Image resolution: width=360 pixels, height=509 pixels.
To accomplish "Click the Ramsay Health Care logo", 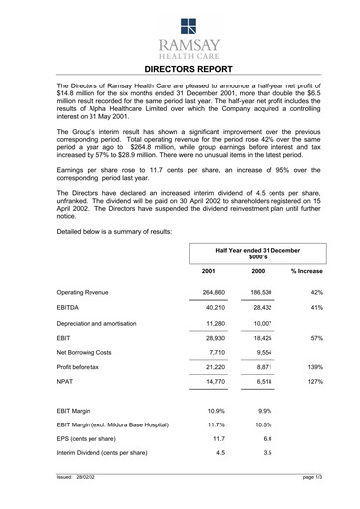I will [x=180, y=37].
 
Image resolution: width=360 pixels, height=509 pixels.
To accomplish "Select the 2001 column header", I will [x=209, y=271].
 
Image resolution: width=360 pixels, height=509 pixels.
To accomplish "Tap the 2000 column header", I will [x=258, y=271].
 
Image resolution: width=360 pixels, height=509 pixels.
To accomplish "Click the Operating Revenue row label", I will [x=86, y=293].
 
